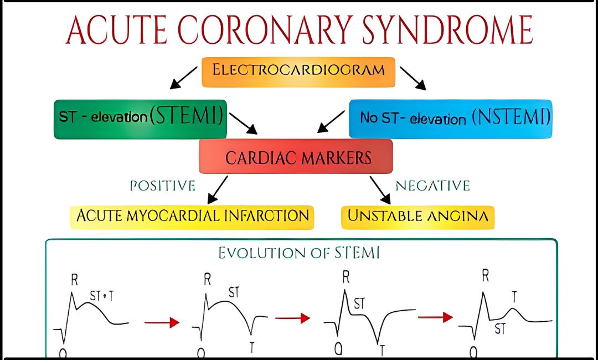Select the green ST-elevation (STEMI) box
point(141,118)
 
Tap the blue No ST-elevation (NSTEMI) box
point(451,118)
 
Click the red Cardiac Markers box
point(296,157)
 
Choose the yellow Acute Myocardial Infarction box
point(192,216)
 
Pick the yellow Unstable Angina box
point(417,216)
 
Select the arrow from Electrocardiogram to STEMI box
point(183,78)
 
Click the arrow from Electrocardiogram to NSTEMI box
point(413,78)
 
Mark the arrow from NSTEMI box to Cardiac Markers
point(331,121)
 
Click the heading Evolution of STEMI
point(299,254)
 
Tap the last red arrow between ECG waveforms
point(435,317)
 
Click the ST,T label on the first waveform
point(101,297)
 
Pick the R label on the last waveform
point(485,276)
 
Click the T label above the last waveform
point(514,297)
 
